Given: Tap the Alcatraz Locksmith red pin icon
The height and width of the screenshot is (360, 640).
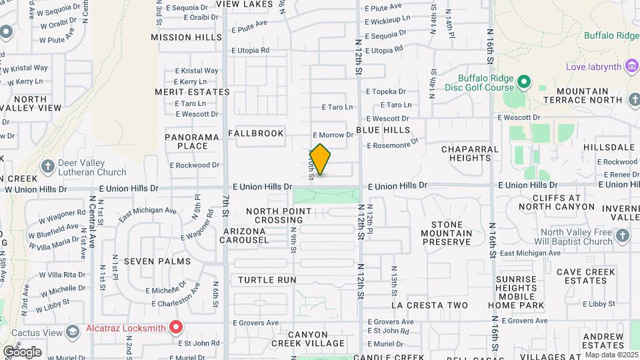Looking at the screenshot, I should pos(176,327).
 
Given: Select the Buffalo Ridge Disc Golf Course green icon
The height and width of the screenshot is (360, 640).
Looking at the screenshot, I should pos(524,82).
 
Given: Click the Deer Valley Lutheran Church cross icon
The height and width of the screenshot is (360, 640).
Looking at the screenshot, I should pos(48,165).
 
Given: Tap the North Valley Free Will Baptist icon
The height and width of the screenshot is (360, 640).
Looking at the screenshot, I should pos(622,235).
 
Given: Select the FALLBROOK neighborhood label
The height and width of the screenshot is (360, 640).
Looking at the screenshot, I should pos(256,133).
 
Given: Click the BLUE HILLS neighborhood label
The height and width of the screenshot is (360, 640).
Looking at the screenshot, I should pos(383,130).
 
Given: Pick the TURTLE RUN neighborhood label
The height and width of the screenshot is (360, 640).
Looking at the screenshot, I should pos(267,280).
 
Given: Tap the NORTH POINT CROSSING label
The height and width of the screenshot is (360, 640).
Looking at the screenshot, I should pos(279,215).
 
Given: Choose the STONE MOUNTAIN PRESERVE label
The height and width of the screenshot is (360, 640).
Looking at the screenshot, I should pos(447,233).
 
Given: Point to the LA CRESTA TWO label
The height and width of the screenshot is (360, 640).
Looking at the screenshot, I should pos(429,305).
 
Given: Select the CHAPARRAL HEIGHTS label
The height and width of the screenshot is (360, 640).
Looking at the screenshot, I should pos(470,153).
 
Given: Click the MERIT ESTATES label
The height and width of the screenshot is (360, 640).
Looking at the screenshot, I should pos(192,92).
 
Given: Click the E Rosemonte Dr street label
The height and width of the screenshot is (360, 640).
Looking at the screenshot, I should pos(392,143).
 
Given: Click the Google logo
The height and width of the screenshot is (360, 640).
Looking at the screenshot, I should pos(21,351).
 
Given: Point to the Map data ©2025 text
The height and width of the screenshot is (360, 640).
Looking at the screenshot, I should pos(610,354).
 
